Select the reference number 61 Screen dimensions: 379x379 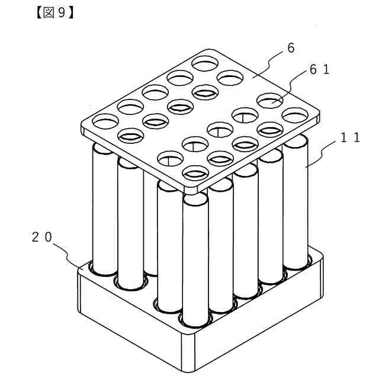point(319,70)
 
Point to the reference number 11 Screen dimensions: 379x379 point(349,138)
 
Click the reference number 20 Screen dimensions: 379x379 point(42,237)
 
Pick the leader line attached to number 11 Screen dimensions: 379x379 point(320,157)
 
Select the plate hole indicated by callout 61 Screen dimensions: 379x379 point(268,101)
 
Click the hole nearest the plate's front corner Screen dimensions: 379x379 point(197,173)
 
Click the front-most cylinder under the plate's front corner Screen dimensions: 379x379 point(195,261)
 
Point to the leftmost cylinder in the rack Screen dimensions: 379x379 point(105,207)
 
